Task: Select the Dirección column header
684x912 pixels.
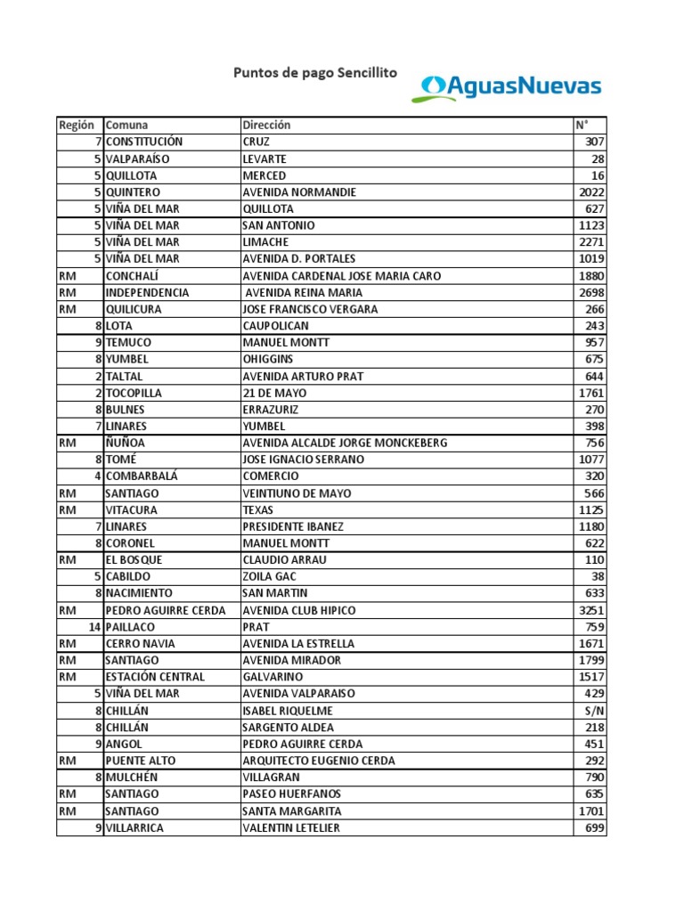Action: pyautogui.click(x=266, y=126)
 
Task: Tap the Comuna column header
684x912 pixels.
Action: pyautogui.click(x=126, y=126)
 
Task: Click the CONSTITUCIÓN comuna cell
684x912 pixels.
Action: pyautogui.click(x=144, y=142)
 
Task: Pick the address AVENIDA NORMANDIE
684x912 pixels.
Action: pyautogui.click(x=299, y=192)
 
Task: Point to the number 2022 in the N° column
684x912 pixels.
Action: pyautogui.click(x=591, y=192)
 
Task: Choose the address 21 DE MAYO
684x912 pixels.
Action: pyautogui.click(x=274, y=393)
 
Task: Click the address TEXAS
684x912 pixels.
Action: pyautogui.click(x=258, y=510)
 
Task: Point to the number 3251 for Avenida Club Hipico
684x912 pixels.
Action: pyautogui.click(x=591, y=610)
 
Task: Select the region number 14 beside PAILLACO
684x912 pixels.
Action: pyautogui.click(x=93, y=627)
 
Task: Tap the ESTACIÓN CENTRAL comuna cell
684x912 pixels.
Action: pyautogui.click(x=155, y=677)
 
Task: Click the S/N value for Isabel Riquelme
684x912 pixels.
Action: pyautogui.click(x=596, y=711)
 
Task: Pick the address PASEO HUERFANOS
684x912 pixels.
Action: pyautogui.click(x=291, y=794)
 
